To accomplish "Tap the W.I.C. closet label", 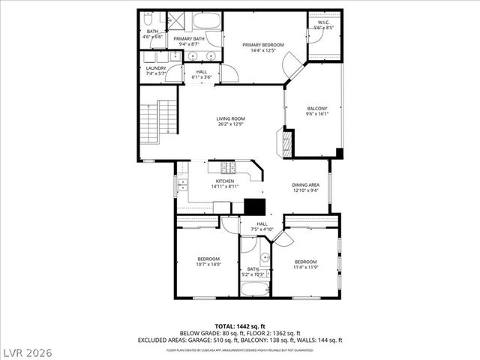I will (324, 22).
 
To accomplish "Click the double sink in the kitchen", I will (181, 185).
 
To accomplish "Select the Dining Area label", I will (305, 184).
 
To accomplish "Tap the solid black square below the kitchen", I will (256, 207).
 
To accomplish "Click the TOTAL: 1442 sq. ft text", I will (240, 326).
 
